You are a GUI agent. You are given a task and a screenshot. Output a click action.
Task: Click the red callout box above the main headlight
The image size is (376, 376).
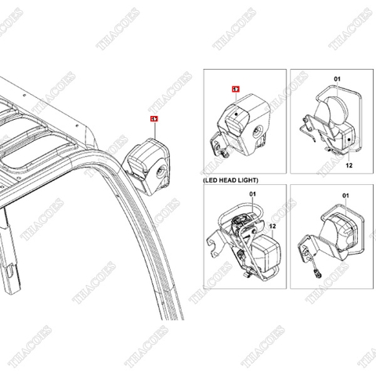pyautogui.click(x=154, y=119)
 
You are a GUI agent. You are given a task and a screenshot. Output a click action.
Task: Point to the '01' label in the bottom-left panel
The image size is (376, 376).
pyautogui.click(x=252, y=193)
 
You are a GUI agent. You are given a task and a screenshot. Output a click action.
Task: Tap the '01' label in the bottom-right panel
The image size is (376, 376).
pyautogui.click(x=342, y=193)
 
